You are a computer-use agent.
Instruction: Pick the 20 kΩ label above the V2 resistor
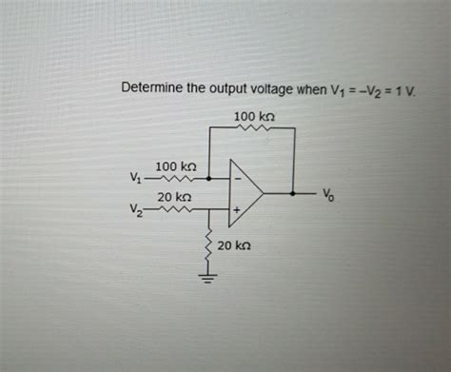click(178, 196)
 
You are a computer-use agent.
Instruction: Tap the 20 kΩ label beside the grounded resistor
click(234, 245)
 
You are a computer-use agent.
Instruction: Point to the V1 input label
click(133, 178)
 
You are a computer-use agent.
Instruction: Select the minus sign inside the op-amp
click(237, 179)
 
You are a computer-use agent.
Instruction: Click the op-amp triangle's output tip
click(264, 193)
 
